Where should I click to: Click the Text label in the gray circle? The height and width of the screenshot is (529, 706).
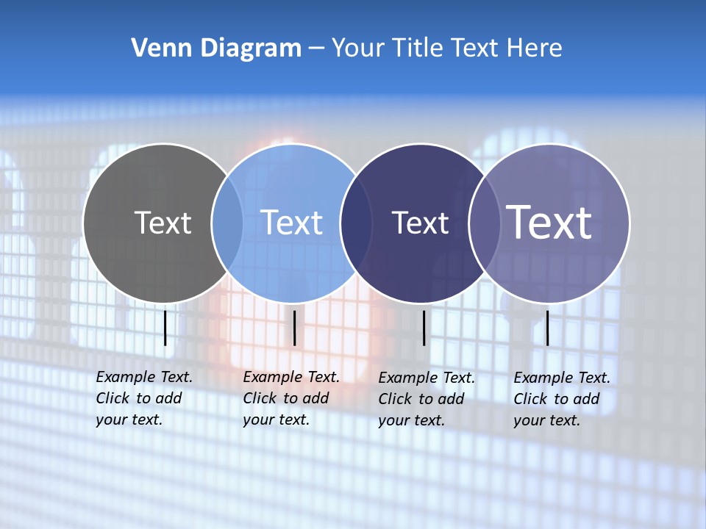coord(163,223)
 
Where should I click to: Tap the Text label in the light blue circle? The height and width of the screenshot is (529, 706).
coord(291,223)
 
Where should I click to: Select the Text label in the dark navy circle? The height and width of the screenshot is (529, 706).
coord(420,223)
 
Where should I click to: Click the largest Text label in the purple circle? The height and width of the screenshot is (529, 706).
coord(549,222)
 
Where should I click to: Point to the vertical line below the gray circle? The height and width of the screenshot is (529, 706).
coord(165,328)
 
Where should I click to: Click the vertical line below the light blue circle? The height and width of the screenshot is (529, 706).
coord(294,328)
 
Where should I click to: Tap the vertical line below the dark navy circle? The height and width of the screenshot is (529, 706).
coord(424,328)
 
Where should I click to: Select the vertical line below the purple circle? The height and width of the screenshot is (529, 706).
coord(547,328)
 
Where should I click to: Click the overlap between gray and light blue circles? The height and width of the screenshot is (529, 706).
coord(227,223)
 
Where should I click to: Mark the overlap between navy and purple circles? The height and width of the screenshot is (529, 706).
coord(484,223)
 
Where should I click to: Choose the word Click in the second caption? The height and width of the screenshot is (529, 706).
coord(259,398)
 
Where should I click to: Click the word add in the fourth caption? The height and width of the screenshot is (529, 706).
coord(587,399)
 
